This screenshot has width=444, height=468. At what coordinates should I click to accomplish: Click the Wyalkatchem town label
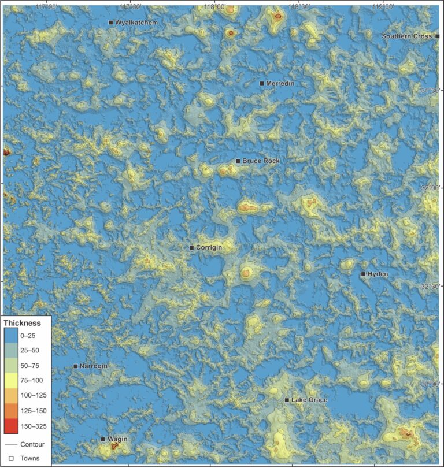[136, 23]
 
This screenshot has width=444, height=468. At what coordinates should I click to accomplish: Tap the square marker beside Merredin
[262, 84]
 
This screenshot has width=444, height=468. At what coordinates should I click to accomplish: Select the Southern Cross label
[407, 36]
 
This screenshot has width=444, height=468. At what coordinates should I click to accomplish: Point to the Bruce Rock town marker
[238, 161]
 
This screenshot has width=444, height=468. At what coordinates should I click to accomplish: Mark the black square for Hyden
[363, 274]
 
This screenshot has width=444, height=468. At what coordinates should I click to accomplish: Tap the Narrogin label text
[94, 366]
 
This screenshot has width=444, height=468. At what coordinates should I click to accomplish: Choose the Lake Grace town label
[309, 400]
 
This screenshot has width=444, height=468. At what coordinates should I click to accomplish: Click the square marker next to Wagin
[103, 439]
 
